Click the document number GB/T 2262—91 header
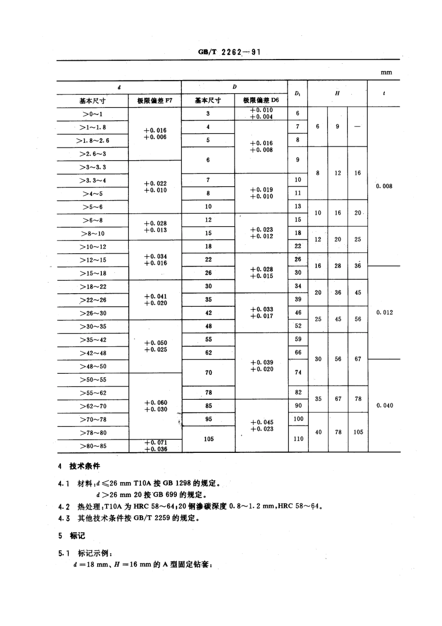pos(229,52)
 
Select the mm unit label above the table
pos(386,72)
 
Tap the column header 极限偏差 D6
pos(261,100)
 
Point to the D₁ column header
pos(298,94)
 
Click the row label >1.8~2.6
pos(93,141)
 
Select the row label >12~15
pos(93,260)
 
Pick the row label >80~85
pos(93,446)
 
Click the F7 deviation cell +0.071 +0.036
pos(155,446)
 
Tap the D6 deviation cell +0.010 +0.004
pos(261,114)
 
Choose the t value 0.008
pos(384,186)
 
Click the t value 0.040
pos(384,405)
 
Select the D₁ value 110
pos(298,438)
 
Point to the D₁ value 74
pos(298,372)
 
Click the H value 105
pos(358,432)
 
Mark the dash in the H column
pos(357,127)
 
